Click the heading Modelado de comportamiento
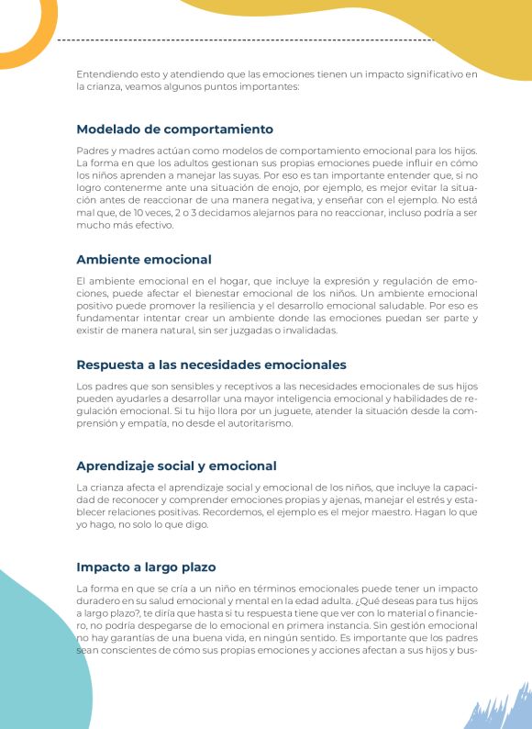[174, 129]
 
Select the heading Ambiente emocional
[144, 260]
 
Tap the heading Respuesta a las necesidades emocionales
[211, 364]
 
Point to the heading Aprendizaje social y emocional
[176, 465]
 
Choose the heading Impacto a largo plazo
[146, 566]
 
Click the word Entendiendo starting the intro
[105, 73]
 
